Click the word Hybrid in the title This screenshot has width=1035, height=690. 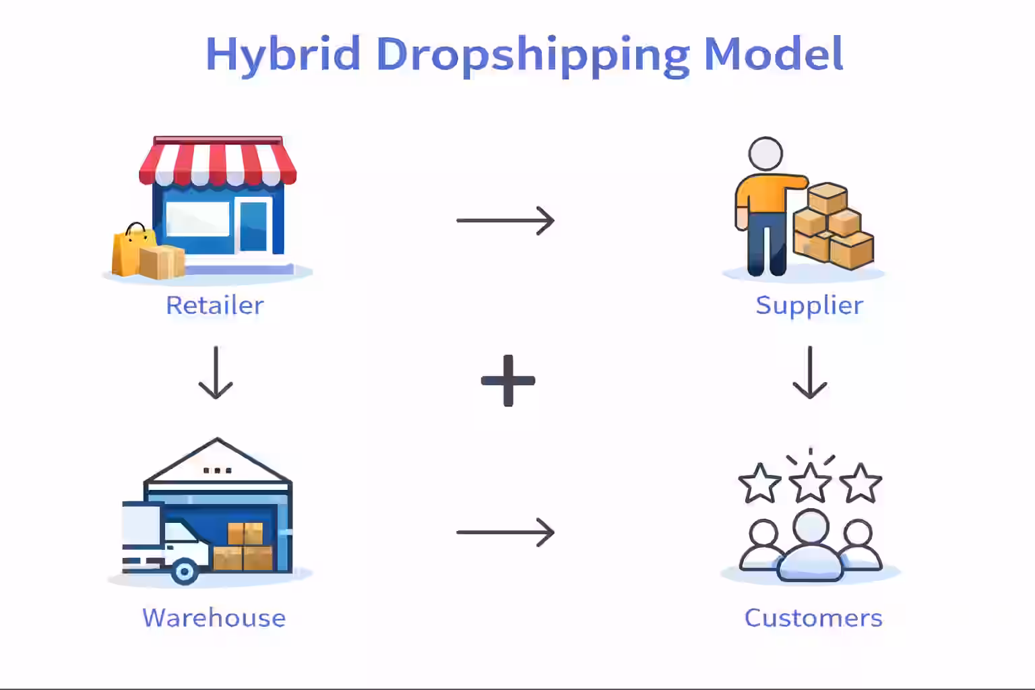[283, 54]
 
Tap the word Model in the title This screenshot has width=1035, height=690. [773, 54]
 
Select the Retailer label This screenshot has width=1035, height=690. [214, 305]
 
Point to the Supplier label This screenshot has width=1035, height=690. [809, 305]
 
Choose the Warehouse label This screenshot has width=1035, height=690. [214, 618]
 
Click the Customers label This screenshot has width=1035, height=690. [813, 618]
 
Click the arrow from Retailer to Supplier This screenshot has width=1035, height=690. [505, 220]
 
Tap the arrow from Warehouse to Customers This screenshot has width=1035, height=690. [505, 532]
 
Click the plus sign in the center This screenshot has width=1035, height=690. [508, 381]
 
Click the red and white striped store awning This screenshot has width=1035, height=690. [218, 162]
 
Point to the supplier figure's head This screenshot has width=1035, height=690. [765, 154]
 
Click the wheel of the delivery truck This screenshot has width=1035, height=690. [184, 571]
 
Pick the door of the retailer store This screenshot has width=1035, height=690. [253, 226]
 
